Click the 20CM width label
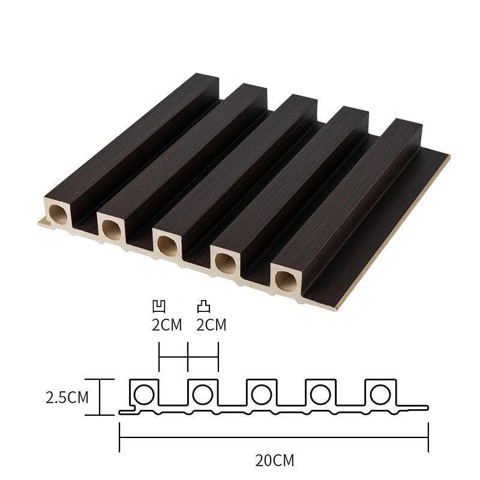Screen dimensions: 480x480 (x=275, y=460)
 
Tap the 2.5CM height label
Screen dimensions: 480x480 (x=67, y=397)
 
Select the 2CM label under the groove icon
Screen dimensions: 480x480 (x=167, y=325)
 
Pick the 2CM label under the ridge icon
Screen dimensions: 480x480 (x=211, y=325)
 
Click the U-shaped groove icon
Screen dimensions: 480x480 (x=159, y=307)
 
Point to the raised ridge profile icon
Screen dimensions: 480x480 (x=203, y=307)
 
